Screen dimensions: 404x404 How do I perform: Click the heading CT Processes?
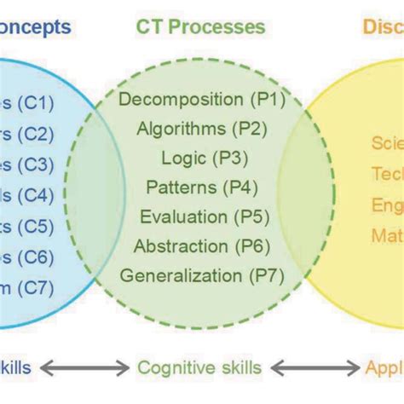point(200,26)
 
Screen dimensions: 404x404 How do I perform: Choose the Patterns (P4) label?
point(202,188)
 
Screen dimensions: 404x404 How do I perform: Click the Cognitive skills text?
point(199,368)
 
